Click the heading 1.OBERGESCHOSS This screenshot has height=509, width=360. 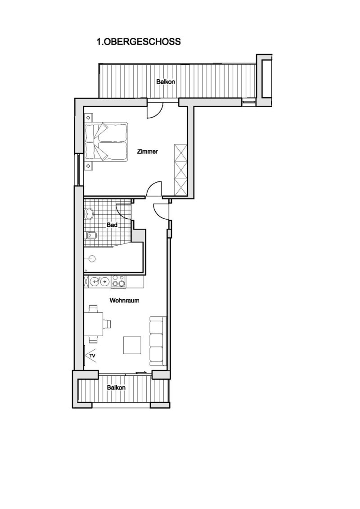(139, 41)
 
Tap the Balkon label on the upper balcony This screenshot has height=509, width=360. (166, 81)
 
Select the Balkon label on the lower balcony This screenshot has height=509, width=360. (116, 387)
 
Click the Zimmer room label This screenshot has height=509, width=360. (148, 151)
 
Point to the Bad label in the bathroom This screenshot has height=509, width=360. (112, 225)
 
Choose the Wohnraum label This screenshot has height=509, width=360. (124, 300)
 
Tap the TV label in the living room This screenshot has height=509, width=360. (93, 356)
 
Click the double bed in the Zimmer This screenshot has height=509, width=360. (106, 141)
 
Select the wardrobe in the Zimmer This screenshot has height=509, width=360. (181, 169)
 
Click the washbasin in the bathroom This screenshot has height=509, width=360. (89, 214)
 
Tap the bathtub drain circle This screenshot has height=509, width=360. (93, 259)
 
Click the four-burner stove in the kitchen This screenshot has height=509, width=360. (118, 281)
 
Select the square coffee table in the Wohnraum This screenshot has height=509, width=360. (132, 345)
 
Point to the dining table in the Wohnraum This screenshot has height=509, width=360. (94, 324)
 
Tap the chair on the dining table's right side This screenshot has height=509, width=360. (107, 324)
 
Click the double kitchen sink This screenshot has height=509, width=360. (99, 281)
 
